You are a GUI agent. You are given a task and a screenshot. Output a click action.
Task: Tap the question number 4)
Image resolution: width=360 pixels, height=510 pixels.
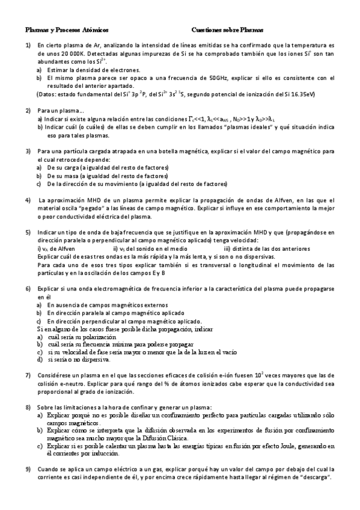[x=28, y=199]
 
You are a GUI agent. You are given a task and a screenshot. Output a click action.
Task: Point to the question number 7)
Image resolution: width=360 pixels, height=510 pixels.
[x=28, y=375]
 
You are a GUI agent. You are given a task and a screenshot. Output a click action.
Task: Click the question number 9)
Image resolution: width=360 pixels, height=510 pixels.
[x=28, y=469]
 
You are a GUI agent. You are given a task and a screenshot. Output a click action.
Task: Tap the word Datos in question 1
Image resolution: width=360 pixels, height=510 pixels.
[x=48, y=94]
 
